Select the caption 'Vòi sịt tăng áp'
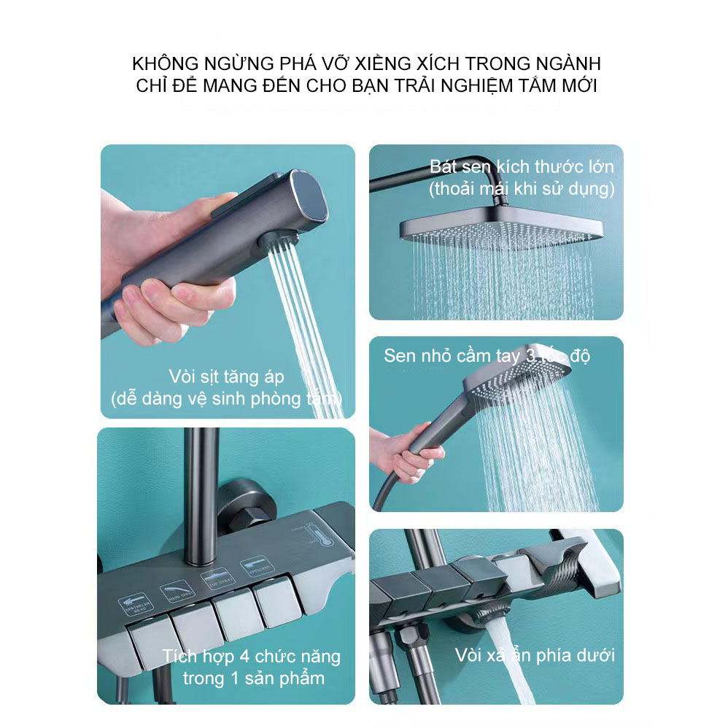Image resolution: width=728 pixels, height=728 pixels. coord(226,377)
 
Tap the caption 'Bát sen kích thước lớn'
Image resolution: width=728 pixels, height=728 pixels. coord(522,166)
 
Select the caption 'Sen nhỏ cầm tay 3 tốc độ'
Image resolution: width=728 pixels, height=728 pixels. coord(487,356)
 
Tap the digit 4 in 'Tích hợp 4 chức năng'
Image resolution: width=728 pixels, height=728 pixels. coord(237,657)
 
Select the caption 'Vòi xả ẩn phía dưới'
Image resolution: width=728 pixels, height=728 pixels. coord(534,654)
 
